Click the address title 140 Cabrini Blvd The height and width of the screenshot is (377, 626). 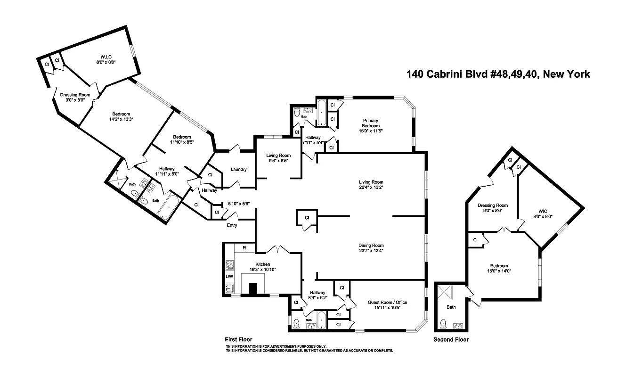pos(498,74)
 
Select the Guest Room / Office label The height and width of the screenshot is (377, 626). pos(387,303)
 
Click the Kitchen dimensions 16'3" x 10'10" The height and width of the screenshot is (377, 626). pos(262,270)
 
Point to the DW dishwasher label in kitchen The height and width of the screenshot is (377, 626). pos(229,277)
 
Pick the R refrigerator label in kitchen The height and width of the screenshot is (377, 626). pos(244,247)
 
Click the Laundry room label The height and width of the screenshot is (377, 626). pos(239,170)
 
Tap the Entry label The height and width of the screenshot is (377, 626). pos(232,225)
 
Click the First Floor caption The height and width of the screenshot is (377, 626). pos(239,339)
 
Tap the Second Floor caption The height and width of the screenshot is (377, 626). pos(451,339)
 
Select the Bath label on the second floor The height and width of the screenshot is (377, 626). pos(451,307)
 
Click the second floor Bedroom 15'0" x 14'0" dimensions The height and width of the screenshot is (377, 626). pos(498,271)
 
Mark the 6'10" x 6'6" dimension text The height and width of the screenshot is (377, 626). pos(239,204)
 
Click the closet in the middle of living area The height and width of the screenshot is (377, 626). pos(307,218)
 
